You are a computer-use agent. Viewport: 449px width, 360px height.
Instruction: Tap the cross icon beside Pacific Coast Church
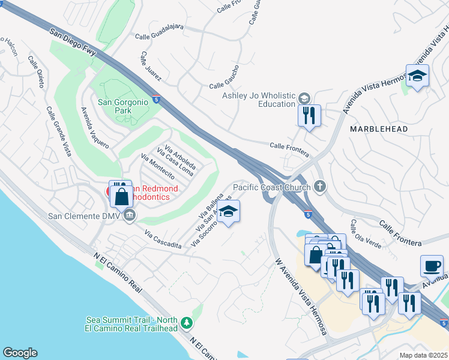click(319, 187)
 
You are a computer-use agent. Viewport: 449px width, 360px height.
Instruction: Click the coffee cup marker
click(432, 265)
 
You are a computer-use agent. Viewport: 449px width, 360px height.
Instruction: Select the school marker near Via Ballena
click(228, 212)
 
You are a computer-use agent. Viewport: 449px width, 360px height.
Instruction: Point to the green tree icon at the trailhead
click(187, 323)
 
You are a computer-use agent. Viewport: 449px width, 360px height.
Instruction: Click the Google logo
click(20, 353)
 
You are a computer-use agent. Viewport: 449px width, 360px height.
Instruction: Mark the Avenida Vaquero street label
click(95, 128)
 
